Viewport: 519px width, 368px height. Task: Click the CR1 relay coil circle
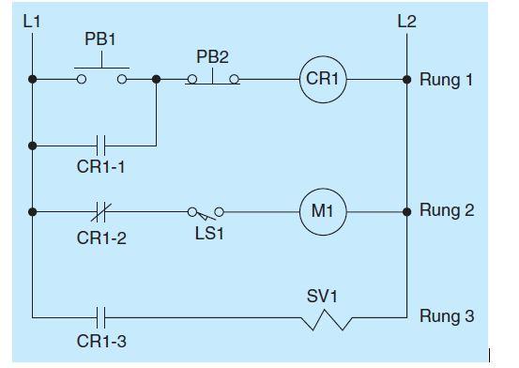pos(323,81)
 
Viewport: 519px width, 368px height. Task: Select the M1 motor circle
pos(323,210)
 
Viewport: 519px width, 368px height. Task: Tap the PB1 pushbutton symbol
pos(101,73)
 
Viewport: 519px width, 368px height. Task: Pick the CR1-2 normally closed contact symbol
pos(104,210)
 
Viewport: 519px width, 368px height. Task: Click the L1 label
pos(31,20)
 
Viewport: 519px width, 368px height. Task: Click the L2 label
pos(406,20)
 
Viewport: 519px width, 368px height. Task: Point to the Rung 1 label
pos(446,81)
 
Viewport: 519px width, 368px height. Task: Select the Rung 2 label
pos(446,209)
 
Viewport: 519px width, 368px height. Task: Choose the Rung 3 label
pos(446,317)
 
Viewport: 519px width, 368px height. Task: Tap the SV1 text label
pos(322,297)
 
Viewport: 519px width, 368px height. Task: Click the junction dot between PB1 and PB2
pos(157,81)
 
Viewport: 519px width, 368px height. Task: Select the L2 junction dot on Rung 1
pos(406,81)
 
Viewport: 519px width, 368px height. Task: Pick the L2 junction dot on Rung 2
pos(406,210)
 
